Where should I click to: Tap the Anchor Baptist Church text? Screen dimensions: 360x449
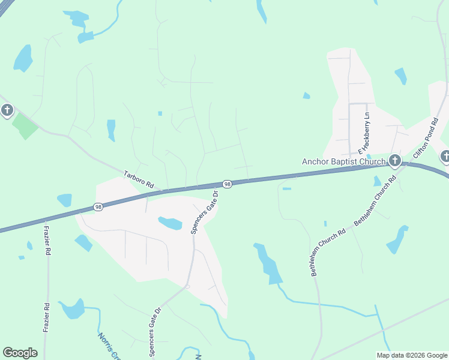(x=343, y=161)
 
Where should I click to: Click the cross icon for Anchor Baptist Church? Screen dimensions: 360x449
(x=394, y=160)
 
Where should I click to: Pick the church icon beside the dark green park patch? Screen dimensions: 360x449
(x=7, y=110)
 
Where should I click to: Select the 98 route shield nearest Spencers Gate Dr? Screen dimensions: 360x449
(x=228, y=184)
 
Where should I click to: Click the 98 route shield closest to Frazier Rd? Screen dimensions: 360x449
(x=98, y=207)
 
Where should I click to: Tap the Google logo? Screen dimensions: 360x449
(x=20, y=353)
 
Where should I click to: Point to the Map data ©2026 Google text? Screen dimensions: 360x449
(x=411, y=355)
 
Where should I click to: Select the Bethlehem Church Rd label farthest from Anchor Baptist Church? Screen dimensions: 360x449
(x=327, y=252)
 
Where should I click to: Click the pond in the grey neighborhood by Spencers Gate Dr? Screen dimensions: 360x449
(x=170, y=223)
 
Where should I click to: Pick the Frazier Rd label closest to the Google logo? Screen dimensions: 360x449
(x=46, y=318)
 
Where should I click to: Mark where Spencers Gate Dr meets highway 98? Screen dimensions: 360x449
(x=215, y=187)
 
